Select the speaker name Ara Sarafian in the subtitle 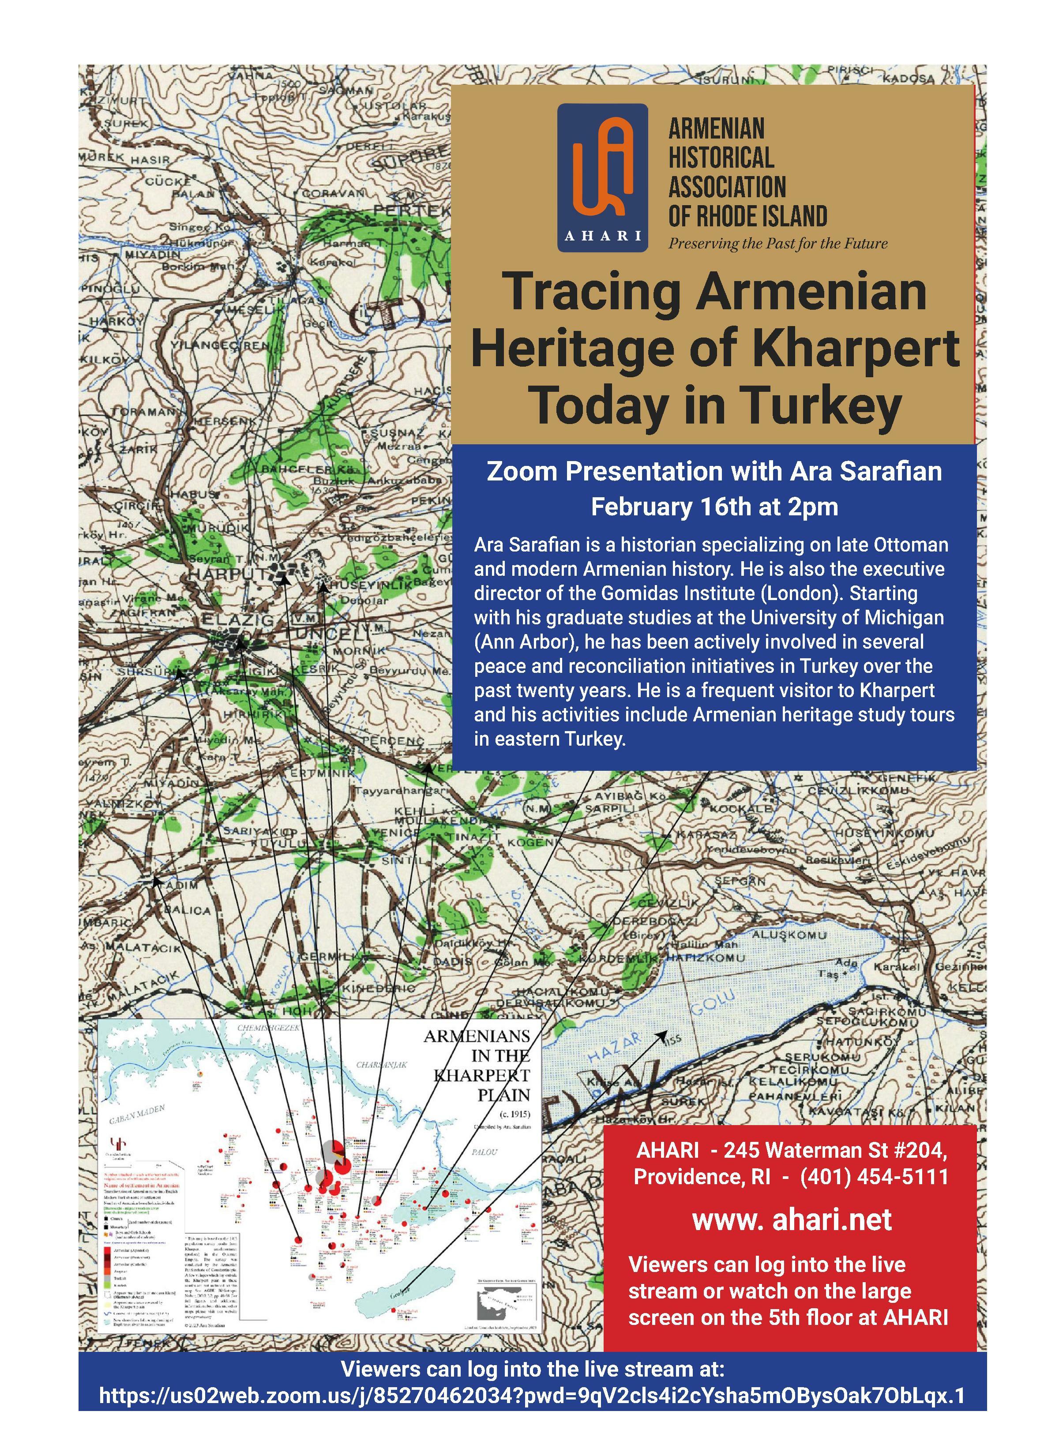[x=866, y=471]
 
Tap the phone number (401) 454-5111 [x=874, y=1176]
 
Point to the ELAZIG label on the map [x=238, y=620]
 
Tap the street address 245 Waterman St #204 [x=835, y=1150]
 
